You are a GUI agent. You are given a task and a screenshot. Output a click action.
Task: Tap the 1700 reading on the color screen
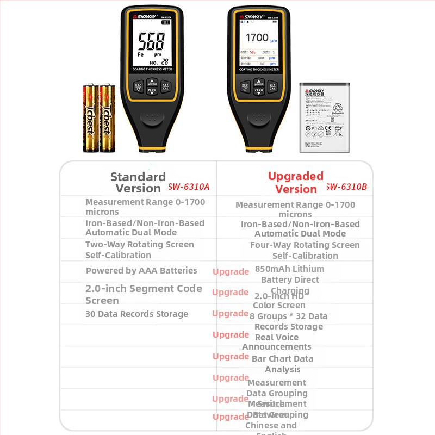(257, 38)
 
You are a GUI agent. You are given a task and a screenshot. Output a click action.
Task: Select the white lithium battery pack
(324, 117)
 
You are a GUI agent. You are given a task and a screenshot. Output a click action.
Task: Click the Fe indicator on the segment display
(140, 54)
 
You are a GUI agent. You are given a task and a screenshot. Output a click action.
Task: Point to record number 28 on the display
(164, 61)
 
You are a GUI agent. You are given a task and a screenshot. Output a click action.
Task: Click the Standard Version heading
(138, 183)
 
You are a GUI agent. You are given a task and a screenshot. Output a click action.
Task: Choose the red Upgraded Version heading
(296, 183)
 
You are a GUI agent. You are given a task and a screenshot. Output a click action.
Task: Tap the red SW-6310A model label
(189, 187)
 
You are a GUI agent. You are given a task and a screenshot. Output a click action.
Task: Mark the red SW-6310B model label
(346, 187)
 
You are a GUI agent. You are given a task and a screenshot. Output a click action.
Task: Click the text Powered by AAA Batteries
(141, 270)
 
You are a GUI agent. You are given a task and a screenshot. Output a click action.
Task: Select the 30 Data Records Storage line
(136, 314)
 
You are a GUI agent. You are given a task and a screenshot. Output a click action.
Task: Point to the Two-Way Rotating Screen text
(139, 245)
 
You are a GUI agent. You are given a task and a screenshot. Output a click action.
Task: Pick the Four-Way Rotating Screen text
(304, 245)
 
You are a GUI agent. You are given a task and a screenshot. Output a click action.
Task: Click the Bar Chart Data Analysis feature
(283, 364)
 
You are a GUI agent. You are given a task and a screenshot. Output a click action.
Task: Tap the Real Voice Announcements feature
(277, 342)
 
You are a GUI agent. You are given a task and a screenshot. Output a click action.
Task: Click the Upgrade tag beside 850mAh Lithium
(231, 271)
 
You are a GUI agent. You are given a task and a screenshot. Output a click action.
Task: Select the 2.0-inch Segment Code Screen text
(144, 294)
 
